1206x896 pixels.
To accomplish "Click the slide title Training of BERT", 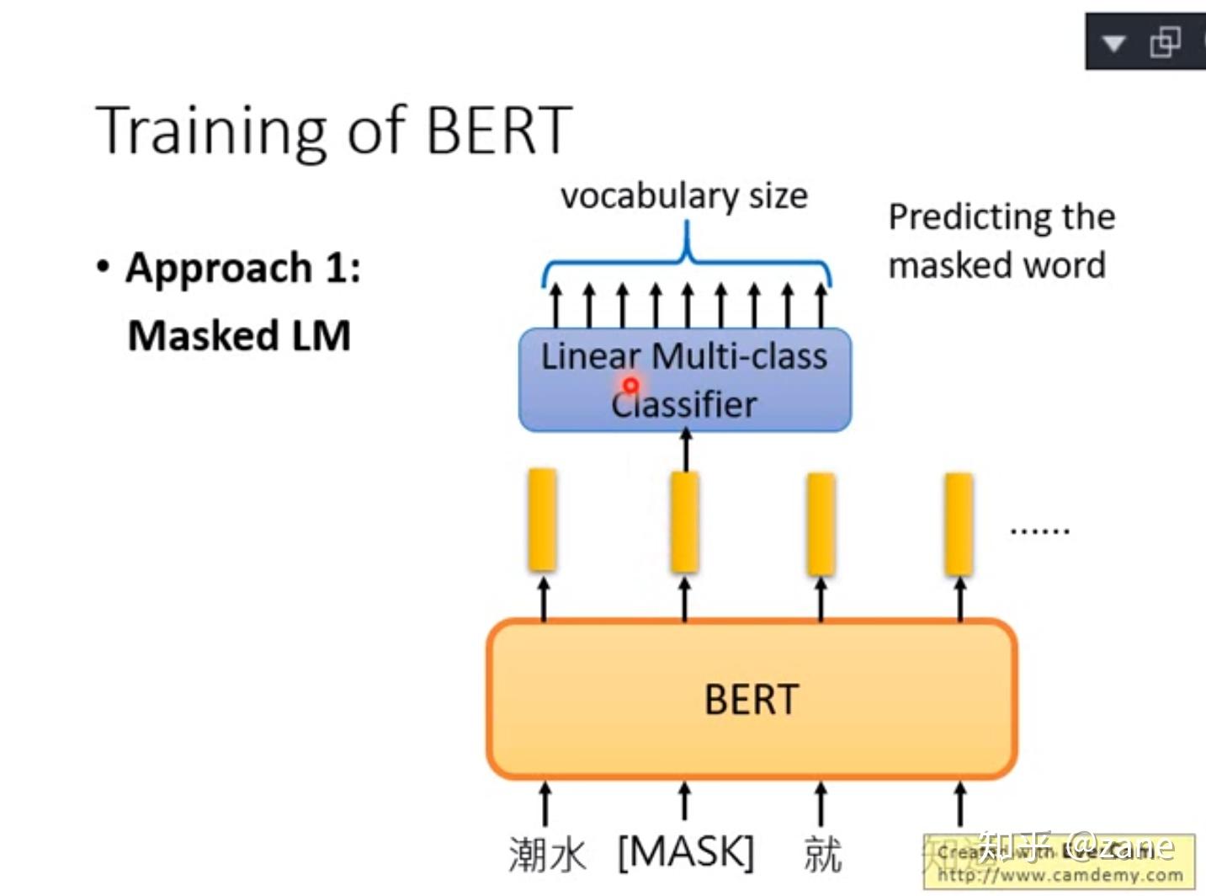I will tap(334, 131).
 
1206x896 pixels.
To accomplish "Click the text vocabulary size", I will tap(683, 196).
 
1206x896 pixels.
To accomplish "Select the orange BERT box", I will tap(751, 699).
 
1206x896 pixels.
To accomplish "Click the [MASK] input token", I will tap(685, 852).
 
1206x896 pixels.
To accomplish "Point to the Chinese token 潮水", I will tap(546, 855).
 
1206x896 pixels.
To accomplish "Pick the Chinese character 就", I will tap(821, 855).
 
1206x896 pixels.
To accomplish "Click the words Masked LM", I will tap(239, 335).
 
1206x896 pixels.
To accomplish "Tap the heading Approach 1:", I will tap(242, 269).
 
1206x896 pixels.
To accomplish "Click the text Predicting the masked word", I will tap(1001, 241).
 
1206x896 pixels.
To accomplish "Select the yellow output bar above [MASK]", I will tap(685, 521).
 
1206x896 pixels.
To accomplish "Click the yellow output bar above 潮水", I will tap(543, 520).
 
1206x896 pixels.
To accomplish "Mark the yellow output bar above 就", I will tap(821, 523).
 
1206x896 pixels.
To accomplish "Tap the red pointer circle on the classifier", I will tap(630, 386).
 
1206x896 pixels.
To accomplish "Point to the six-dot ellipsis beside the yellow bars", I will tap(1039, 531).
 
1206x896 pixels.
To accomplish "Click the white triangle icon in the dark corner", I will tap(1113, 43).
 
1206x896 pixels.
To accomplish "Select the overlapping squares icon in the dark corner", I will tap(1166, 41).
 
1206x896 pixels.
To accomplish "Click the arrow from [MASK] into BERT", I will tap(685, 801).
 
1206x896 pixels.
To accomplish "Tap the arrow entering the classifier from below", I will tap(686, 450).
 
